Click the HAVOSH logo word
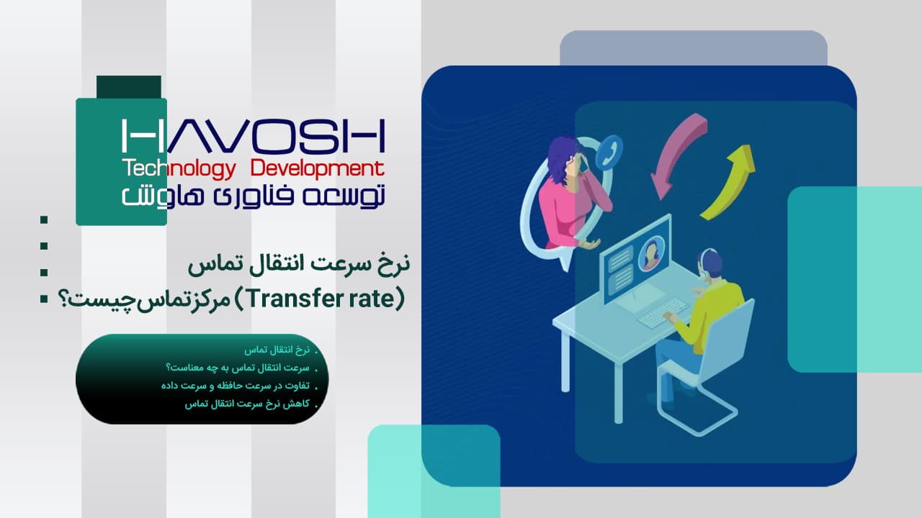point(254,136)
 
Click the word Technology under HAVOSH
point(179,169)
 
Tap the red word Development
point(318,169)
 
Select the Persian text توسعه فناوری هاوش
point(254,196)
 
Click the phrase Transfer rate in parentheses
point(321,299)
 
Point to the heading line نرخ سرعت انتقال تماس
point(299,264)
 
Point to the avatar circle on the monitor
point(651,254)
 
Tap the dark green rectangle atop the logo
point(129,87)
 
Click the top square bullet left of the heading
point(44,219)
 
